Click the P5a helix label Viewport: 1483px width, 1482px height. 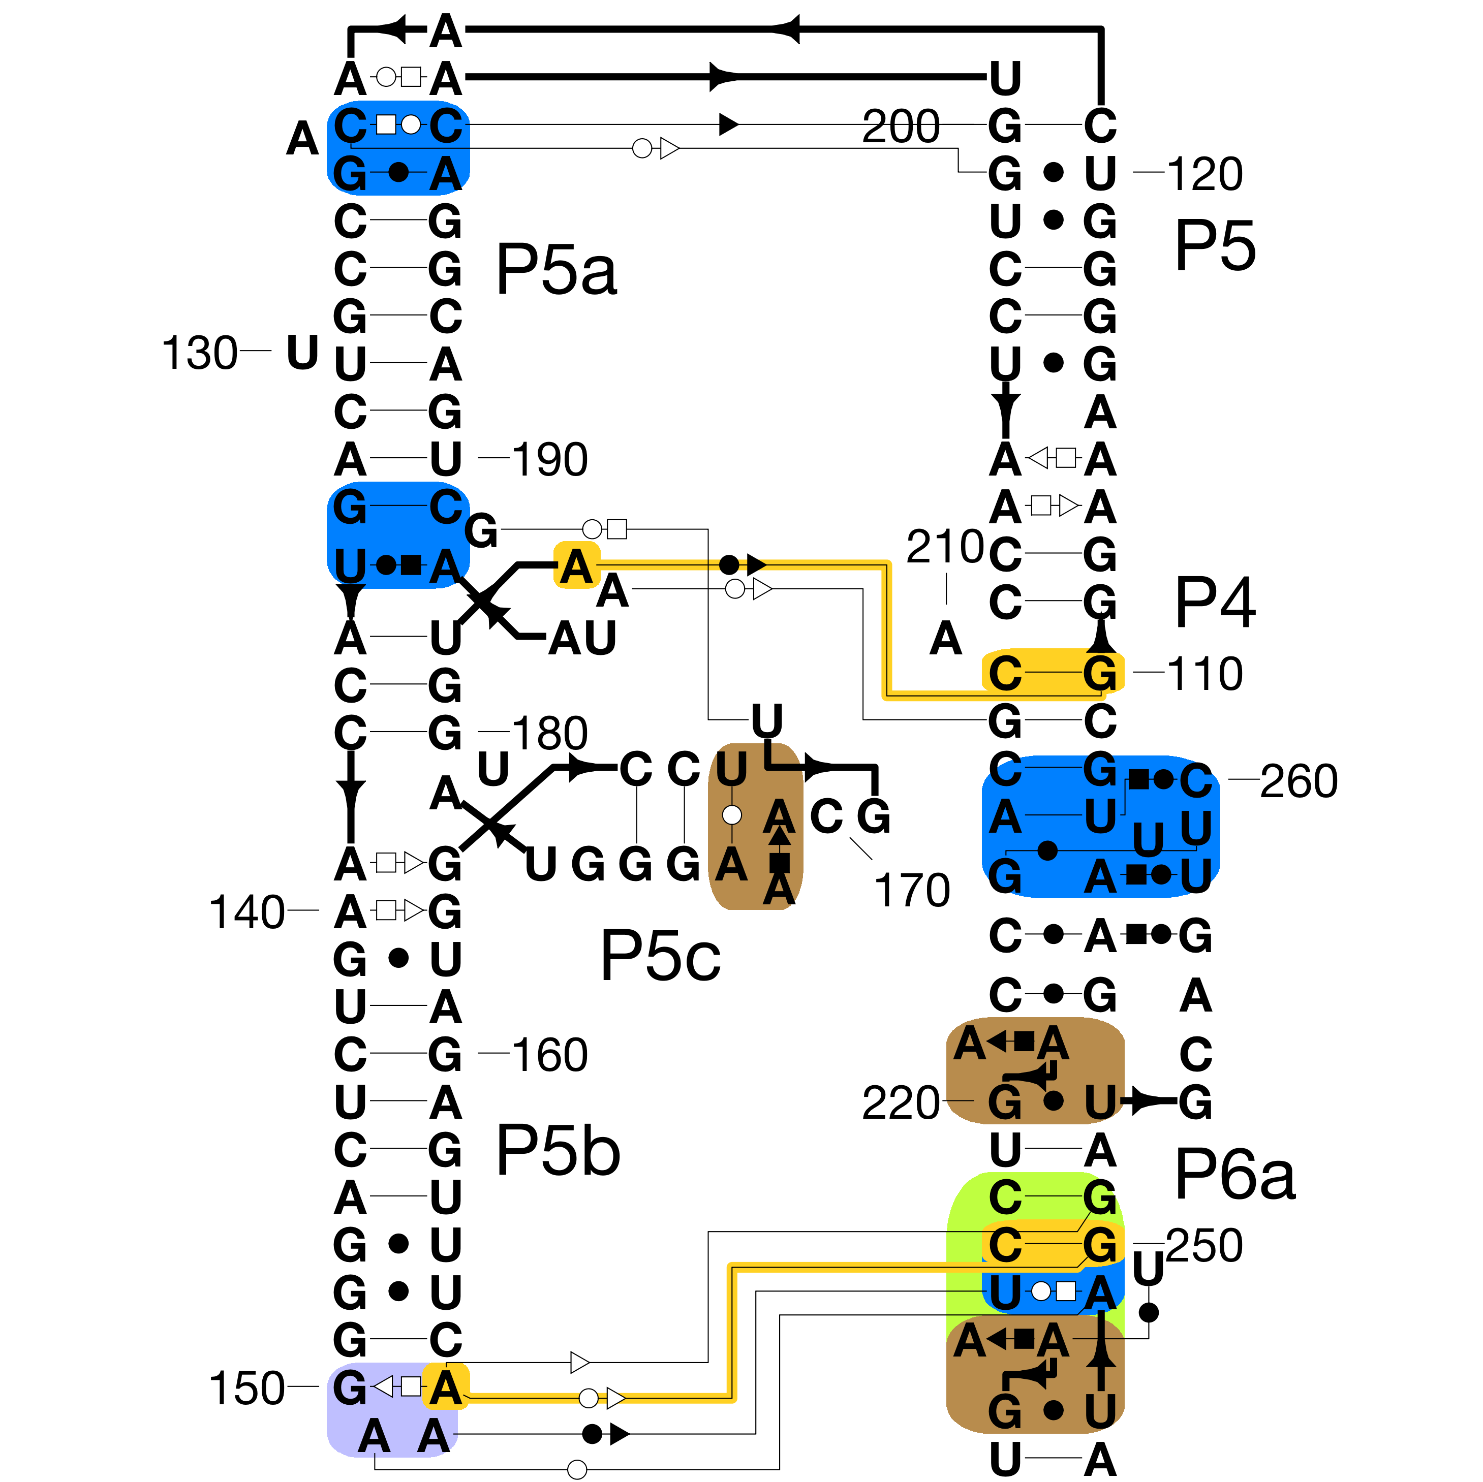click(557, 270)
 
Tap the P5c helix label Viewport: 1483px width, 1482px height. click(660, 956)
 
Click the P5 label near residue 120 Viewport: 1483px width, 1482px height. click(1215, 245)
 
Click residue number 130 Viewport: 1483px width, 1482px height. click(200, 353)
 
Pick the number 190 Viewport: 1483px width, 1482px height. click(549, 460)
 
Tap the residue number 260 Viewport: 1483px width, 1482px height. click(1299, 781)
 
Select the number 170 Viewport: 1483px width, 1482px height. click(912, 890)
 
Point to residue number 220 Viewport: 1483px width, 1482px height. click(901, 1103)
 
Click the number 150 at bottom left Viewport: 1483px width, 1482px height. click(246, 1389)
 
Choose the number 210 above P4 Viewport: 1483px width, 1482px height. click(945, 547)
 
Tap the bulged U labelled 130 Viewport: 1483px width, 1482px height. click(302, 353)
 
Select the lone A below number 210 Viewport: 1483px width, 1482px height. click(946, 639)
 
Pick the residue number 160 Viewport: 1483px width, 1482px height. click(549, 1055)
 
